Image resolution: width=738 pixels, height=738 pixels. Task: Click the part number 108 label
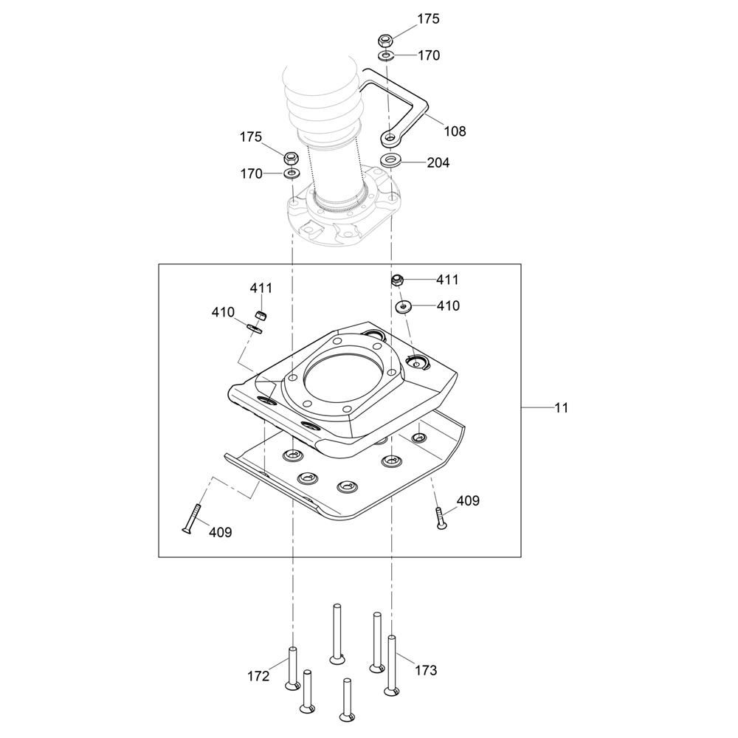coord(455,131)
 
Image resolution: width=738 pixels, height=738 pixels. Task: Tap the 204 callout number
coord(438,162)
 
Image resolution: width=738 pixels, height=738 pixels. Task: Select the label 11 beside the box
coord(561,407)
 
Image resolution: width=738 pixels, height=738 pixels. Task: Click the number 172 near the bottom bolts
coord(258,675)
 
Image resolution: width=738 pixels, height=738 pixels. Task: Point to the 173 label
coord(426,670)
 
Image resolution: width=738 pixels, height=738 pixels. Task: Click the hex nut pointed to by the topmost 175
coord(384,40)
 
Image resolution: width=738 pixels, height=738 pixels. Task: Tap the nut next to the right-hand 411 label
coord(396,280)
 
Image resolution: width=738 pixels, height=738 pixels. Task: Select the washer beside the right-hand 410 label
coord(404,306)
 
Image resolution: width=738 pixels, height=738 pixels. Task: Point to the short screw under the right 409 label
coord(440,517)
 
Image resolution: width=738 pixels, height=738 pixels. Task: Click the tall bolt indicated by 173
coord(392,664)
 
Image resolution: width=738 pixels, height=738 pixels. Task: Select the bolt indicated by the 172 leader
coord(292,668)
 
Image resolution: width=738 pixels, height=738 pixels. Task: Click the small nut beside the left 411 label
coord(261,315)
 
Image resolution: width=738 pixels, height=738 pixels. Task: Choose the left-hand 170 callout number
coord(252,174)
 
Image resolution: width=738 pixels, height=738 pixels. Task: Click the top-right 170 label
coord(429,55)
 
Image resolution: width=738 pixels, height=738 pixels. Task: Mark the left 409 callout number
coord(220,531)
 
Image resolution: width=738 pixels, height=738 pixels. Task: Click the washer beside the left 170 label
coord(291,173)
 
